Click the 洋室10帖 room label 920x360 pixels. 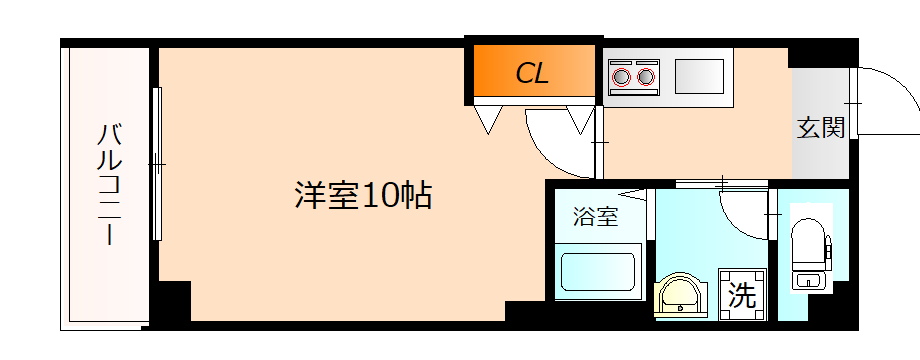tap(363, 193)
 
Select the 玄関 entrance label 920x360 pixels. tap(821, 127)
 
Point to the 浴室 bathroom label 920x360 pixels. tap(595, 217)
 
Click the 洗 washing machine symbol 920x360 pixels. tap(741, 295)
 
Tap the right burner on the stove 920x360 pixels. tap(647, 76)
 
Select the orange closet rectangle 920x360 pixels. tap(532, 72)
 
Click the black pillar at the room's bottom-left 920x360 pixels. tap(172, 302)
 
